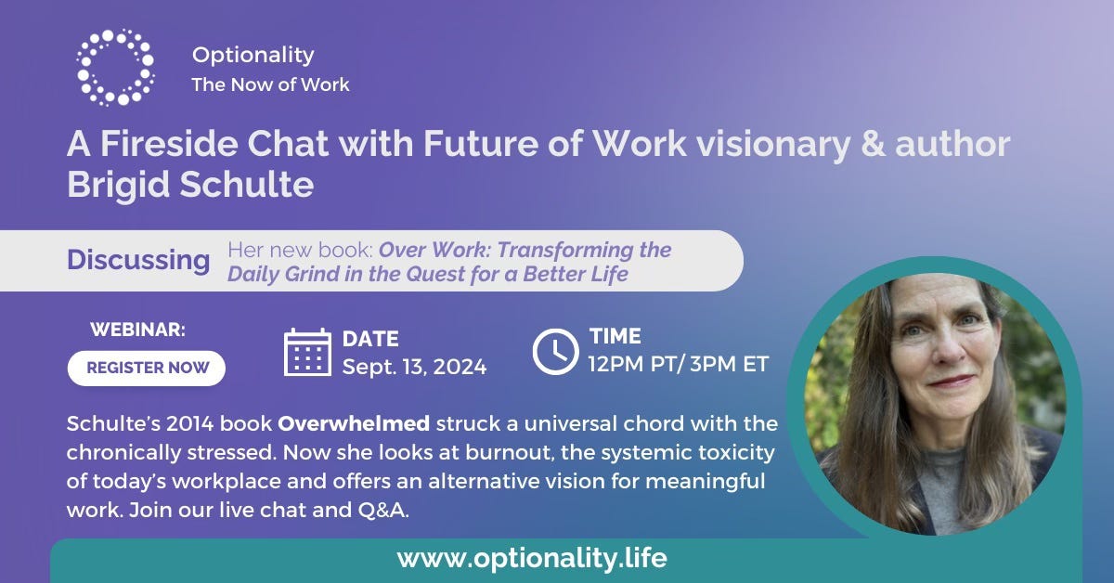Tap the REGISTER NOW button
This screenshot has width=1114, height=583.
pos(147,369)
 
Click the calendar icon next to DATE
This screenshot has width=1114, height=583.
pos(307,352)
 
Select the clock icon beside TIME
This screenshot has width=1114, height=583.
pos(555,351)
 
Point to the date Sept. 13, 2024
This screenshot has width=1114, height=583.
pos(414,367)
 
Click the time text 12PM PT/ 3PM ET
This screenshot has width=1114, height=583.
pos(679,364)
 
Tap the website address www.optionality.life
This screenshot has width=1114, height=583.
pos(532,558)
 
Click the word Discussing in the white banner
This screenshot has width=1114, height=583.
pos(138,260)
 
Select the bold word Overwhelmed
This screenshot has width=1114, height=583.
pos(354,424)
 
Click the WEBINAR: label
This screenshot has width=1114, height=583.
pos(137,330)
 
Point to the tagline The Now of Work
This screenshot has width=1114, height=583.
pos(270,84)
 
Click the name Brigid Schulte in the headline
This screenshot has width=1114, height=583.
pos(190,185)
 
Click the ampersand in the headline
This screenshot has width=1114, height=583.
pos(873,144)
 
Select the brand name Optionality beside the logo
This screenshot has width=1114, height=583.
pos(253,55)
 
